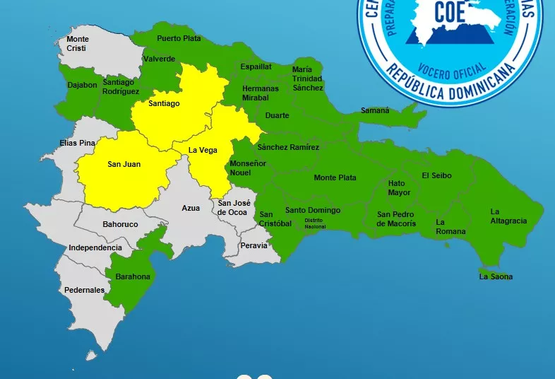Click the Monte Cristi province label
(x=78, y=43)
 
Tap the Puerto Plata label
(x=179, y=38)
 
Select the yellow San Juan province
(x=124, y=170)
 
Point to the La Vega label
(x=203, y=150)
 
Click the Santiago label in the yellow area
(x=164, y=103)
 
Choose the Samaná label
(x=375, y=110)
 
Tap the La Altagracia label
(x=508, y=216)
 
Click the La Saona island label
(x=496, y=276)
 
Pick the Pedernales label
(x=84, y=290)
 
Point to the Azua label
(x=191, y=208)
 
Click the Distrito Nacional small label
(x=314, y=223)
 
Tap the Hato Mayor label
(x=399, y=187)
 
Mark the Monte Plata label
(x=335, y=177)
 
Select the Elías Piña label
(x=77, y=143)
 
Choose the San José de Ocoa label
(x=232, y=207)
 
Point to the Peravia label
(x=253, y=245)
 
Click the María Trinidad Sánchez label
(x=307, y=78)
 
